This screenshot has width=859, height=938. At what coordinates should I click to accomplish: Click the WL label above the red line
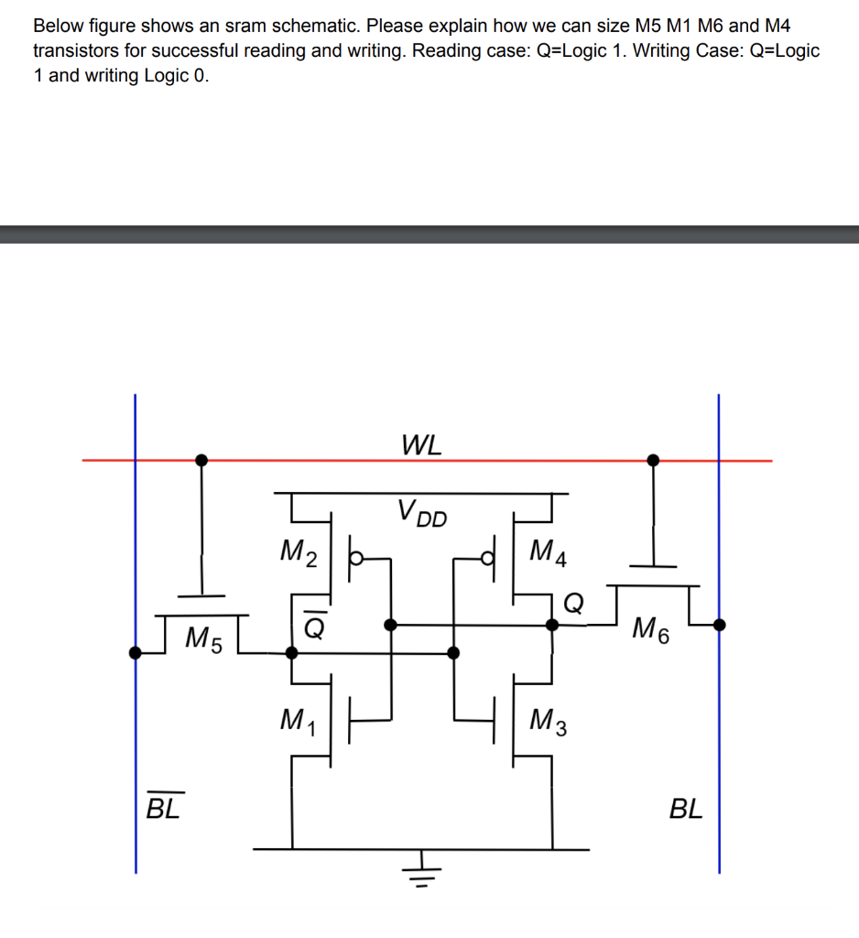coord(421,446)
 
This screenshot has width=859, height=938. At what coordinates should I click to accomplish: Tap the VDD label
coord(422,513)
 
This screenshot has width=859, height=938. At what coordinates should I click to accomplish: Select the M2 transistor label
coord(299,552)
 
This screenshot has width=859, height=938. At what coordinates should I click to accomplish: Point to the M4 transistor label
coord(549,552)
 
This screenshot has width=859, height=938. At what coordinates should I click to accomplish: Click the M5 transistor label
coord(203,638)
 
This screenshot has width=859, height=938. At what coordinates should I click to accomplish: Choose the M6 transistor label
coord(651,631)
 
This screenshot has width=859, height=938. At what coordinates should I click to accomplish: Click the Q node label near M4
coord(573,601)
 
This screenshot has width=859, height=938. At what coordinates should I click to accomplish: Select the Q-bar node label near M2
coord(311,624)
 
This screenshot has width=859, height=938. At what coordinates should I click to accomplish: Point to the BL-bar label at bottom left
coord(163,809)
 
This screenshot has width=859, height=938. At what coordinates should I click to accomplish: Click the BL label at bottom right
coord(686,809)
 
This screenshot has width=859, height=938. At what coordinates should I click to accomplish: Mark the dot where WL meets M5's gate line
coord(201,460)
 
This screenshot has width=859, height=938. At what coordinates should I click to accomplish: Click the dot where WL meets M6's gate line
coord(653,460)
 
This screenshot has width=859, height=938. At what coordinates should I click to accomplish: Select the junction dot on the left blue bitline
coord(136,652)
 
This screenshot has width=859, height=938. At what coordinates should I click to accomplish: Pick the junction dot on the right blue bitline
coord(719,626)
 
